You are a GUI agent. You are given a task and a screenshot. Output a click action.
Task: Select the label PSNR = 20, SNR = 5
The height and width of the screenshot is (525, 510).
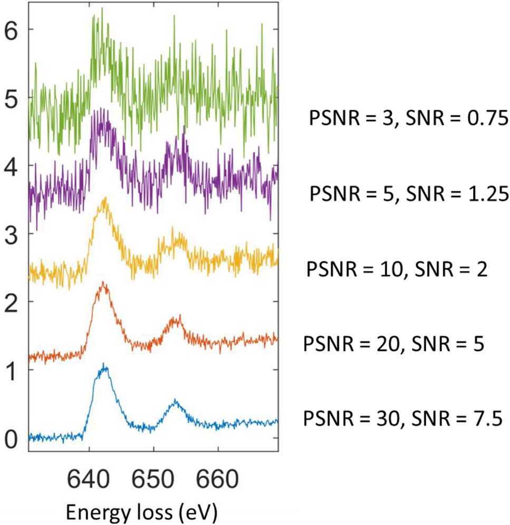tap(393, 346)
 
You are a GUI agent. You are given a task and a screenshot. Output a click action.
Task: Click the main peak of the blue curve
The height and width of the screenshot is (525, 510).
tap(104, 364)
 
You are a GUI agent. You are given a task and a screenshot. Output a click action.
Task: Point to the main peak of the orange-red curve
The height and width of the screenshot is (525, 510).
tap(103, 283)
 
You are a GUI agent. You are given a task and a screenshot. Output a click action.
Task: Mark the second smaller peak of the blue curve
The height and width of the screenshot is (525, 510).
tap(176, 400)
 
